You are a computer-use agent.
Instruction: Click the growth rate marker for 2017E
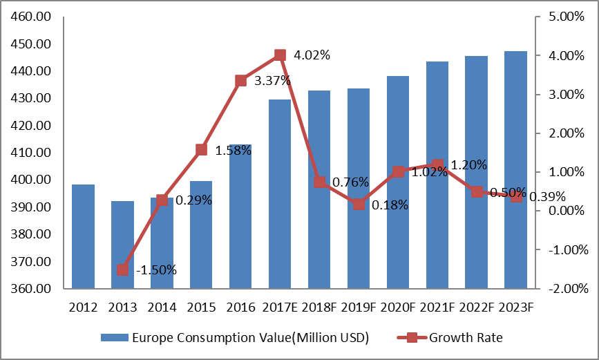(x=280, y=55)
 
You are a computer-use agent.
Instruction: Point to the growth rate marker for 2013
(x=122, y=269)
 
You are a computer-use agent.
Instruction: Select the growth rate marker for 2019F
(x=359, y=204)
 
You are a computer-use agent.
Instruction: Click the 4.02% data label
(x=312, y=55)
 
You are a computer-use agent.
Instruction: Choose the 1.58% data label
(x=233, y=150)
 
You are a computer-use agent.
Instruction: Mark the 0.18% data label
(x=390, y=205)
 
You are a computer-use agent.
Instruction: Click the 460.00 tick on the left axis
(x=32, y=17)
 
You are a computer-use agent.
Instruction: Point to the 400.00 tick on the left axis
(x=32, y=180)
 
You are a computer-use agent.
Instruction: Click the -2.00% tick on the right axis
(x=564, y=289)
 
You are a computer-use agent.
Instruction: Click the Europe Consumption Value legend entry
(x=234, y=338)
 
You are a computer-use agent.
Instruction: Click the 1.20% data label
(x=469, y=165)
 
